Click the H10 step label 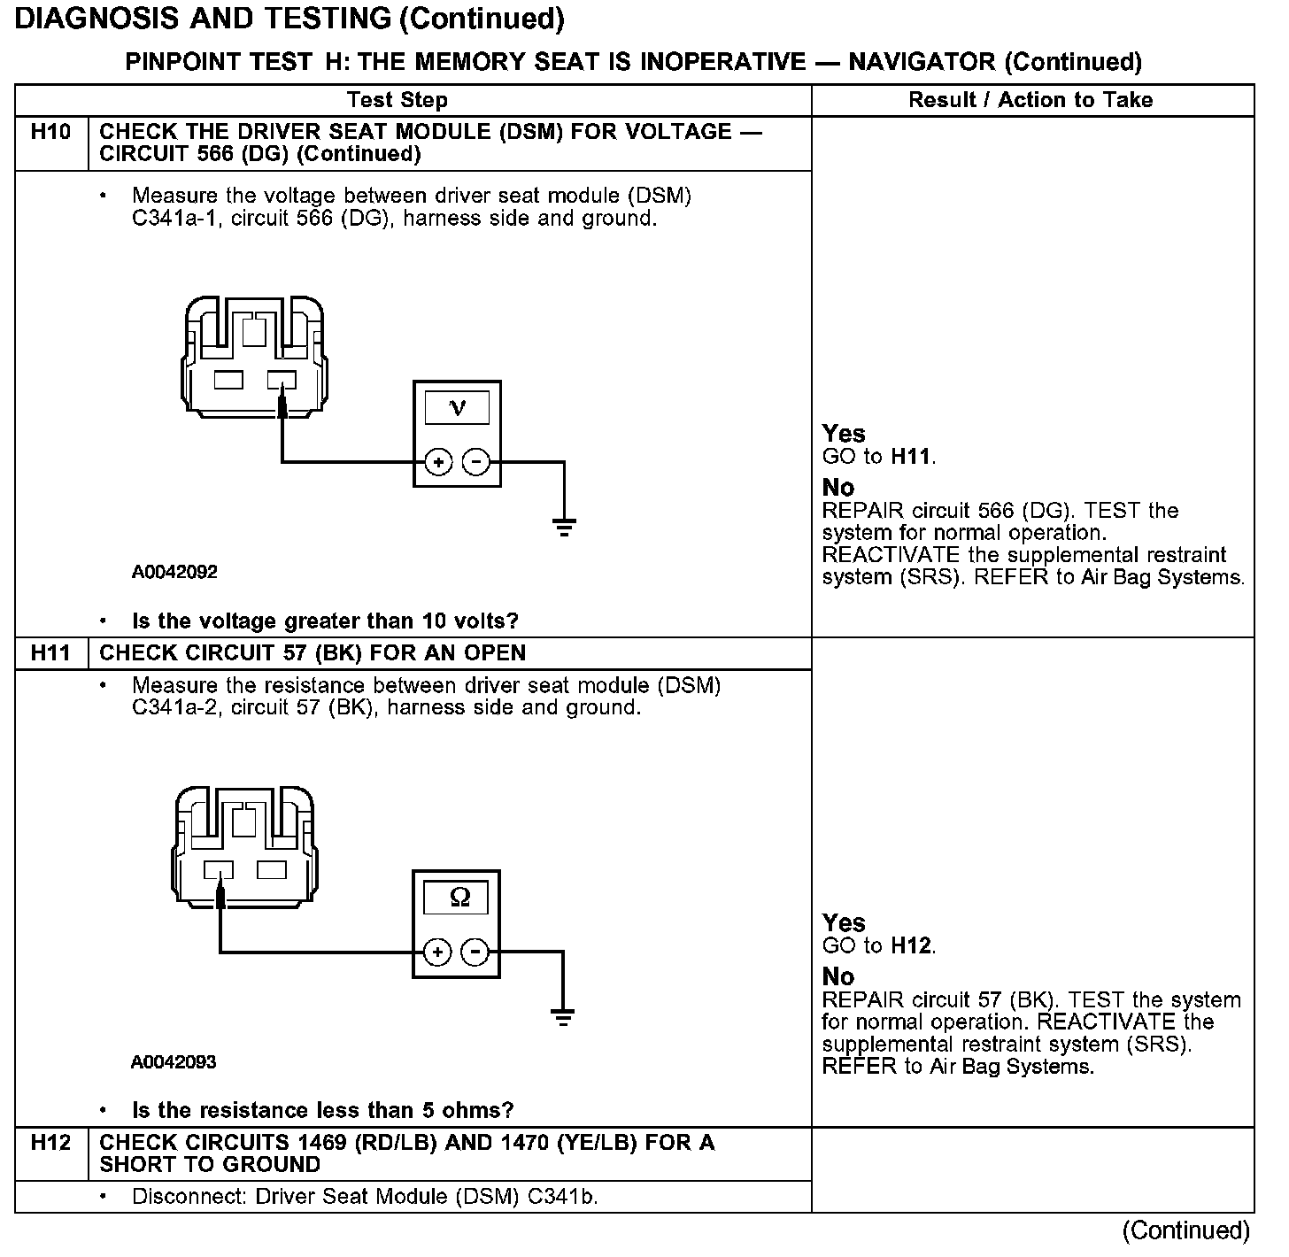50,132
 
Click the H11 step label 50,653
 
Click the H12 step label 50,1143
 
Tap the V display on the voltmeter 458,408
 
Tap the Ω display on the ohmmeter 459,898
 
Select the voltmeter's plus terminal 438,462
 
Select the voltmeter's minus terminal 476,462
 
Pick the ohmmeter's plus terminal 437,952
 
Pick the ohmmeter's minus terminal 475,952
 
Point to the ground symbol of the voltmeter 564,528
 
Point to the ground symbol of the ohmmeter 562,1017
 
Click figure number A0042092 174,572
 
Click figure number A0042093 174,1061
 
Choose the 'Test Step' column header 397,100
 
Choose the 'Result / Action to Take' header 1030,100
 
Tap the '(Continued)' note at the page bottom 1185,1230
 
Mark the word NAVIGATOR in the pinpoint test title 922,62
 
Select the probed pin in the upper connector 282,381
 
